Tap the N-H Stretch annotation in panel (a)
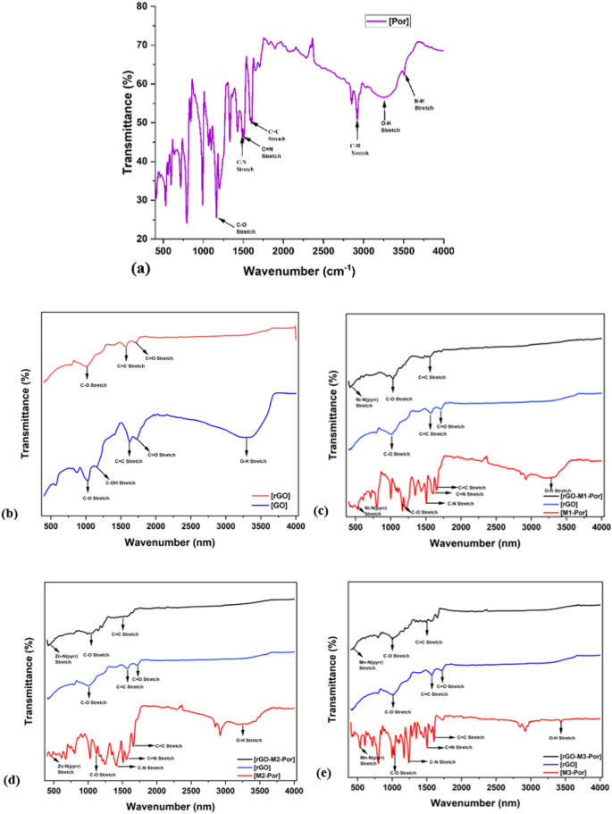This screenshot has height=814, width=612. pos(423,105)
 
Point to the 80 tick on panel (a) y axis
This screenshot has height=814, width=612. pos(140,6)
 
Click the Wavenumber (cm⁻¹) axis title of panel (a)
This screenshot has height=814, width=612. pos(289,265)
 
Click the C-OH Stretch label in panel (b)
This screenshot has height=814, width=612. pos(121,483)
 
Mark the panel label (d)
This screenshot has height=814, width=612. pos(12,780)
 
